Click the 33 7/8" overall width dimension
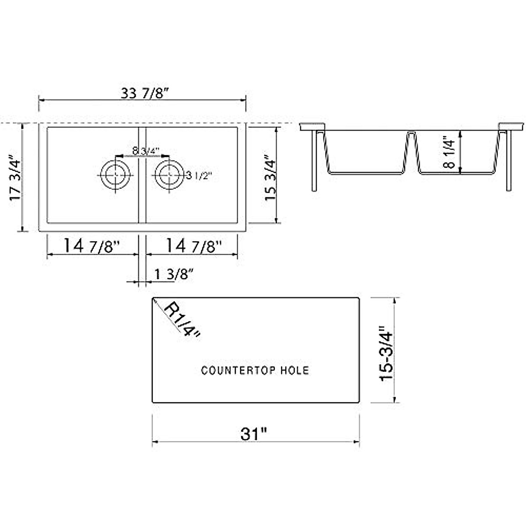tap(145, 94)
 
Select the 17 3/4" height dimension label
tap(15, 178)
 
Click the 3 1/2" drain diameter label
tap(199, 175)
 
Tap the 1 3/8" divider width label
tap(174, 274)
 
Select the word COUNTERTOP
tap(232, 370)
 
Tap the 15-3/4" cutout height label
tap(387, 353)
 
